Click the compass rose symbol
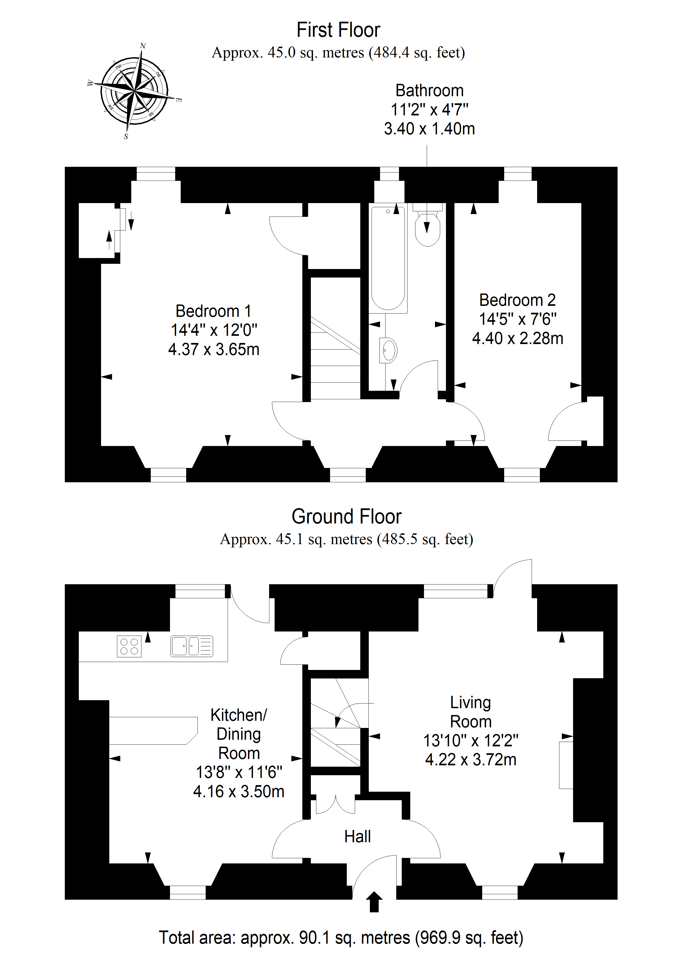[x=134, y=91]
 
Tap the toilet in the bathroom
[x=428, y=225]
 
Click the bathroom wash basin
[x=389, y=350]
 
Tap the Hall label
[x=358, y=836]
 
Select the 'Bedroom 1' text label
[x=214, y=311]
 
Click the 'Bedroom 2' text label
[x=517, y=300]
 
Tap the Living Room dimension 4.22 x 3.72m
[x=471, y=760]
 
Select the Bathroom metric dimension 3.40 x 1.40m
[x=429, y=129]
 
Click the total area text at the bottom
[x=341, y=938]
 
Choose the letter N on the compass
[x=143, y=46]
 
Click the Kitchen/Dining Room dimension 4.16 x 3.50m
[x=239, y=791]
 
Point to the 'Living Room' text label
[x=471, y=712]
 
